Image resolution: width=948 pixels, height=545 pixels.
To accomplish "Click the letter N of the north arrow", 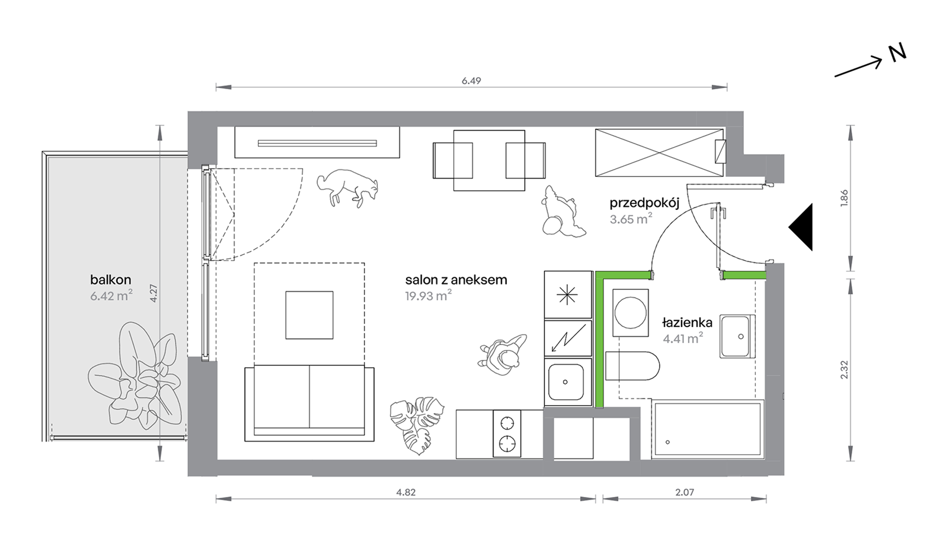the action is tap(897, 53).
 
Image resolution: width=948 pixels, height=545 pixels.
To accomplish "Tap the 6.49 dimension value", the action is tap(471, 81).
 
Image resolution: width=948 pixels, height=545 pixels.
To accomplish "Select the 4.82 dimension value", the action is tap(406, 492).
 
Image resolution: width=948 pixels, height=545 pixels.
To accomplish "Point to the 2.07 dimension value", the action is tap(685, 492).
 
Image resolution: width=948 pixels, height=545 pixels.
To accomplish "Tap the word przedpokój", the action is tap(644, 203).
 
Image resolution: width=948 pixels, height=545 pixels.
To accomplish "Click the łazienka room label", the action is tap(687, 323).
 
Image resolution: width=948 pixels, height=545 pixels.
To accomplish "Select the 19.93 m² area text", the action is tap(428, 296).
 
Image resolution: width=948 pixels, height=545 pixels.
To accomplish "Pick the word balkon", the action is tap(111, 279).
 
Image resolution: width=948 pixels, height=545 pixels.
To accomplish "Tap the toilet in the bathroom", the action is tap(632, 366).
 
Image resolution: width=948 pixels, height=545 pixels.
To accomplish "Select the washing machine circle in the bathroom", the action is tap(631, 313).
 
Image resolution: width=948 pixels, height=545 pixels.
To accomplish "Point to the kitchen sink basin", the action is tap(566, 382).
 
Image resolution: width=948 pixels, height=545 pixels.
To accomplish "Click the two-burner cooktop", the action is tap(507, 433).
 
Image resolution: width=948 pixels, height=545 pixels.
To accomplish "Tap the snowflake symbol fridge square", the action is tap(568, 295).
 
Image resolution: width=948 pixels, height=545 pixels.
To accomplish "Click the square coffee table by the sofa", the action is tap(309, 315).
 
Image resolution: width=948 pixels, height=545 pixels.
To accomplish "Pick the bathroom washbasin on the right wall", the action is tap(737, 337).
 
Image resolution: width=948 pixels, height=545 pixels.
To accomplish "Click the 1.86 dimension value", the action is tap(844, 198).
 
